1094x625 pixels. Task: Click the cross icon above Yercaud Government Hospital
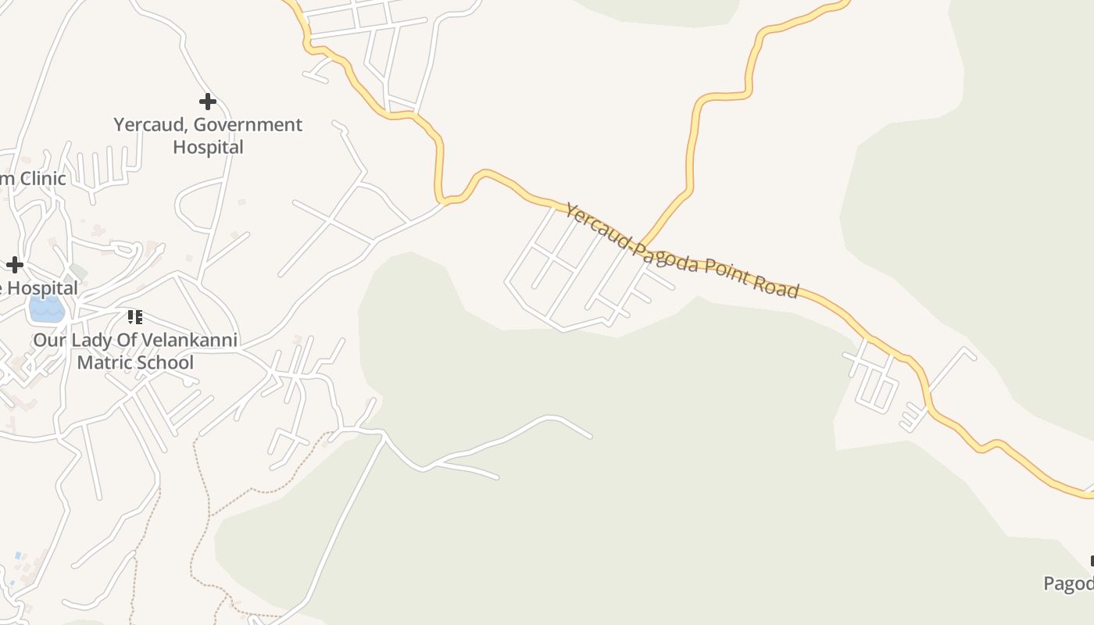tap(207, 102)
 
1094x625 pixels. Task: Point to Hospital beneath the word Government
tap(208, 147)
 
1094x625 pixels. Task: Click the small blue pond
tap(46, 309)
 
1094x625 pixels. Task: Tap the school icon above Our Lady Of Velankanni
tap(135, 317)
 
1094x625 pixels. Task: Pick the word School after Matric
tap(164, 362)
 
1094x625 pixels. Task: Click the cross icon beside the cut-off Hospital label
tap(14, 265)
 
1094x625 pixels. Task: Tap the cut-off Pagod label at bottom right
tap(1069, 584)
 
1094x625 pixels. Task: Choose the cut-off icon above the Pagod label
tap(1091, 561)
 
